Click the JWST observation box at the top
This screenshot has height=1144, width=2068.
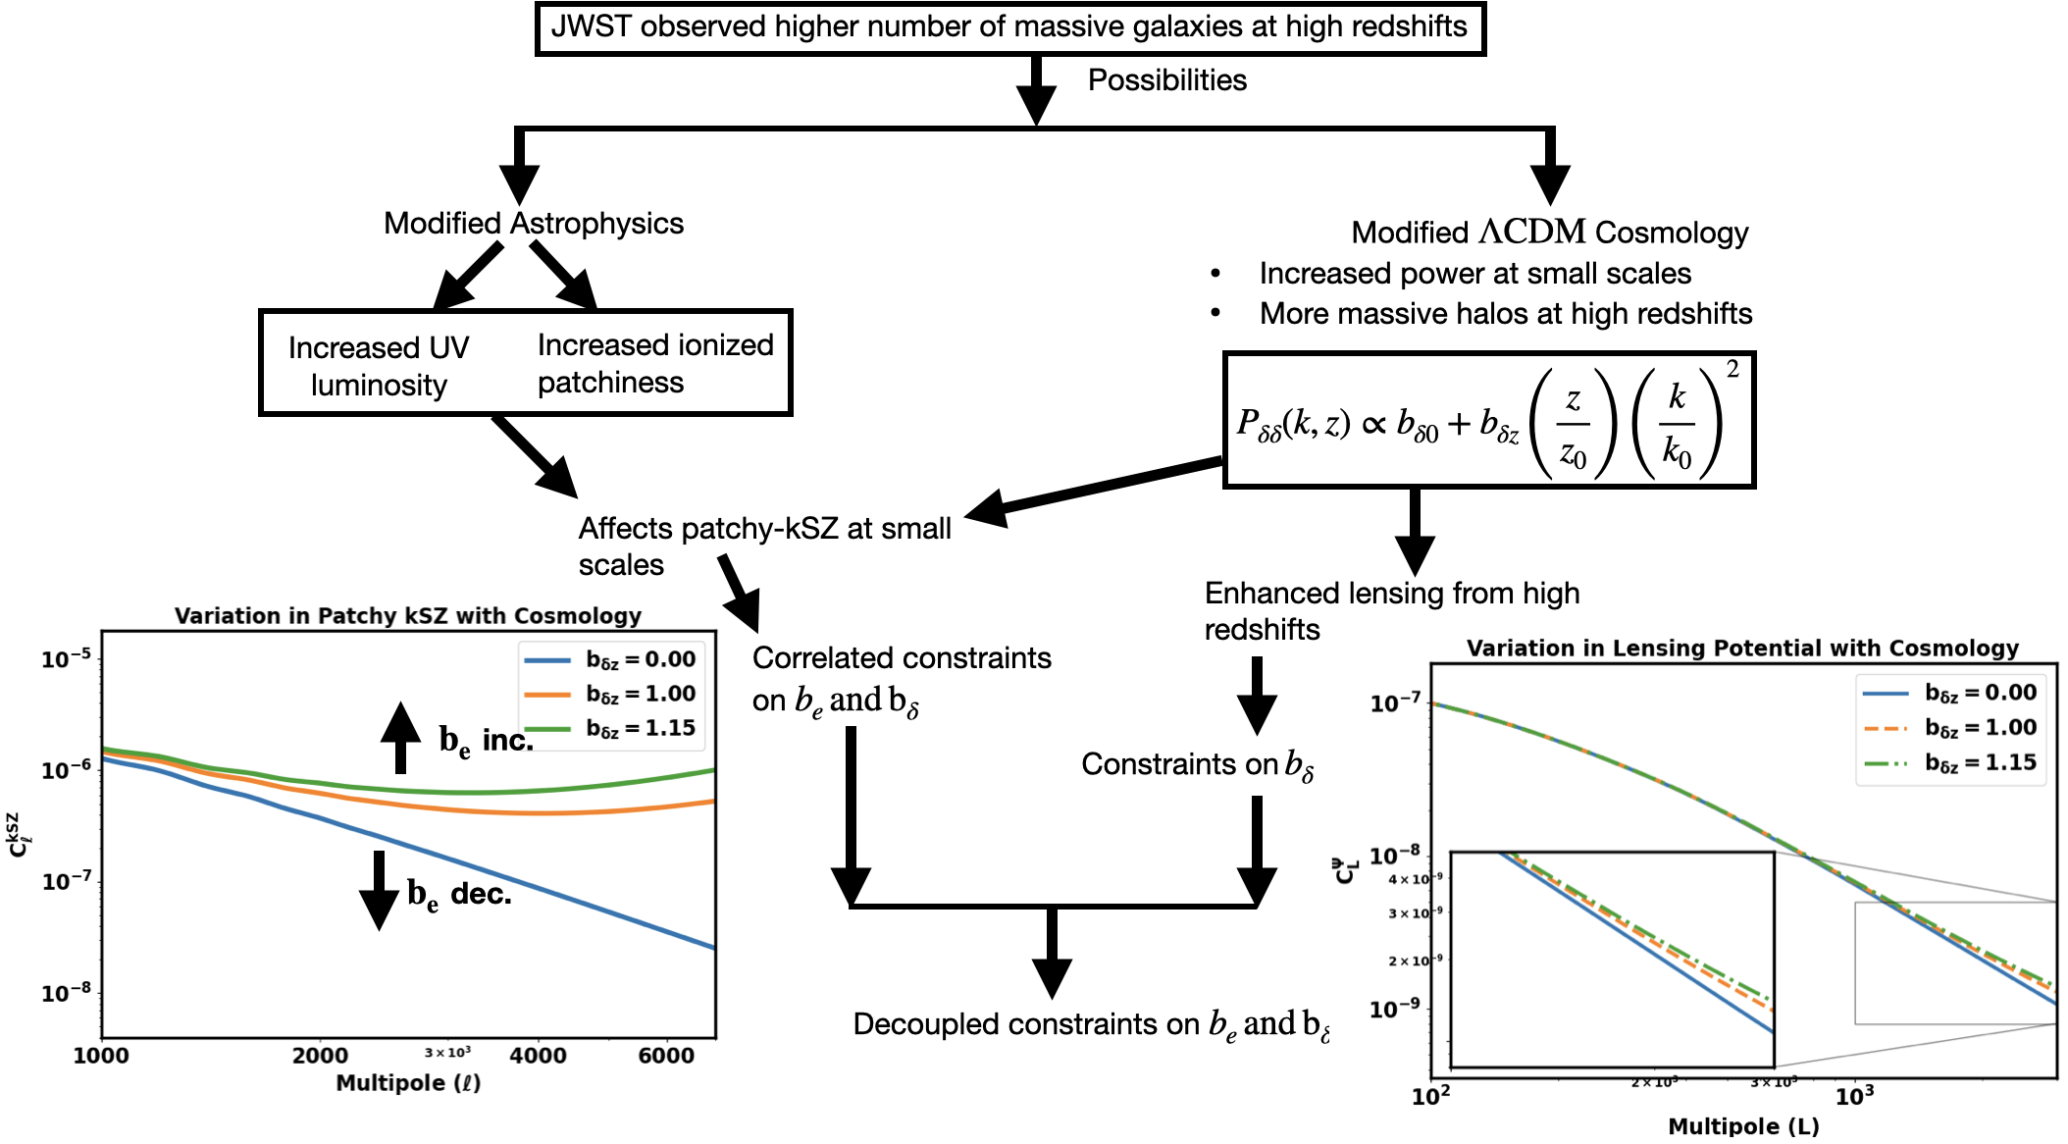tap(1009, 27)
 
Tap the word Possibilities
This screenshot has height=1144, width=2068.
tap(1166, 79)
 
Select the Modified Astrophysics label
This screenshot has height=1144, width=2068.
tap(533, 223)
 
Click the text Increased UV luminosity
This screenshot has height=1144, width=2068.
tap(379, 366)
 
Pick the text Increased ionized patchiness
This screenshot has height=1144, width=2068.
tap(654, 363)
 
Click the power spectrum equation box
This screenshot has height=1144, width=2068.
tap(1488, 420)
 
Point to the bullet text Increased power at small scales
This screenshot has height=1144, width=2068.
tap(1474, 273)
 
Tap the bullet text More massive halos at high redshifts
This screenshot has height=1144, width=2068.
tap(1505, 313)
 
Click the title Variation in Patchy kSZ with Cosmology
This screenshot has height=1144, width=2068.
tap(408, 615)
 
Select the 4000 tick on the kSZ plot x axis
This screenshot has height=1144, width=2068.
tap(538, 1055)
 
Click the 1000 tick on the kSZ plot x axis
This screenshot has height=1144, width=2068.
tap(101, 1055)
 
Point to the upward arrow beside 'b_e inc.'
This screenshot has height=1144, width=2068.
tap(400, 737)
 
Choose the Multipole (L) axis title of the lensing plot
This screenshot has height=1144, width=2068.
tap(1743, 1125)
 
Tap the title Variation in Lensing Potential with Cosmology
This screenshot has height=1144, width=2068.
tap(1742, 648)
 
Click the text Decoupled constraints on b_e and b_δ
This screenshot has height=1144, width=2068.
tap(1091, 1024)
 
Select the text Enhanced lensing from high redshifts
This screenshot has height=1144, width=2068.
tap(1391, 610)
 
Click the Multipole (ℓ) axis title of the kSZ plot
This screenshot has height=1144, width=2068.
tap(408, 1082)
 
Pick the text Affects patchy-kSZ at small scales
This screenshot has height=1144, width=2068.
tap(763, 546)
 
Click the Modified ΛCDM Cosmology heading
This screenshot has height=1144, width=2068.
tap(1549, 233)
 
